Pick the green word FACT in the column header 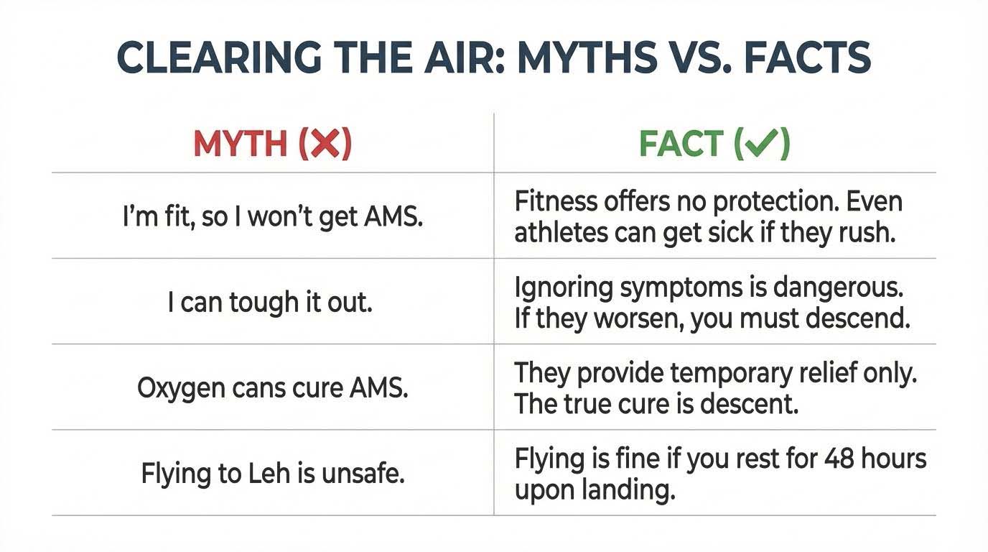click(679, 145)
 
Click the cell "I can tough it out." click(270, 303)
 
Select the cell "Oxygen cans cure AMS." click(273, 388)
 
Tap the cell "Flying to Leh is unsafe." click(273, 474)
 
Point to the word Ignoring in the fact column click(554, 288)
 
